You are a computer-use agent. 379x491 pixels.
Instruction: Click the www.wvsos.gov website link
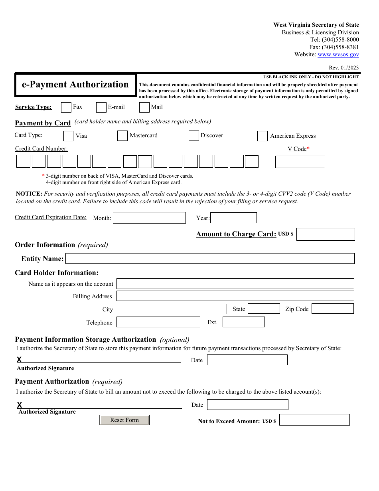338,55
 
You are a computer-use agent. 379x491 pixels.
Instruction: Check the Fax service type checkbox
66,107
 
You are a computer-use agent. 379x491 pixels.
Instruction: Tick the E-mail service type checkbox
101,107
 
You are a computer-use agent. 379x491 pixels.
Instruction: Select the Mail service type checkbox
144,107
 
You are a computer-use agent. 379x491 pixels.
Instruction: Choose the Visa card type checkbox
69,136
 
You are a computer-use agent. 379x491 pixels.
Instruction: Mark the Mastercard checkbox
122,136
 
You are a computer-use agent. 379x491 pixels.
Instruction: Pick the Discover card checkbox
194,136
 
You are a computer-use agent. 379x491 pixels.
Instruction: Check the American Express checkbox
263,136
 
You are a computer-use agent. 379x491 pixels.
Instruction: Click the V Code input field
300,162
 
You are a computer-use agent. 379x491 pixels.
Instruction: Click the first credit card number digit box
24,161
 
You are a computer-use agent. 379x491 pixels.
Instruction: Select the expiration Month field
149,218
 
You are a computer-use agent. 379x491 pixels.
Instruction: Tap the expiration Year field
233,218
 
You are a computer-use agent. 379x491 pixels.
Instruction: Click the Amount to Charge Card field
326,234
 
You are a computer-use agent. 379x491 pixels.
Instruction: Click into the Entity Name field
210,259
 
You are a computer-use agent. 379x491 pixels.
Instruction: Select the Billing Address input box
235,296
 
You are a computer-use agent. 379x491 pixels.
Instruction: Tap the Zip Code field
332,309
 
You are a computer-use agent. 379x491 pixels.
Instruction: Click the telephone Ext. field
243,322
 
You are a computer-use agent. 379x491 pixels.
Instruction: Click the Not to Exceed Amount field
314,420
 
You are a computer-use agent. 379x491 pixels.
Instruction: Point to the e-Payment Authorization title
75,85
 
